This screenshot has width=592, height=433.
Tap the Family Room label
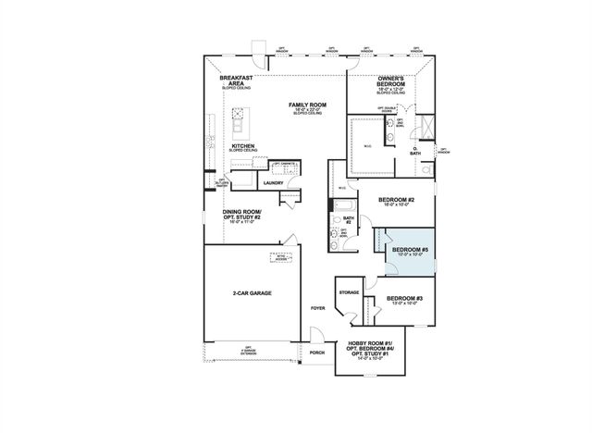[308, 105]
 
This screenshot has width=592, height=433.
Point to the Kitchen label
[243, 145]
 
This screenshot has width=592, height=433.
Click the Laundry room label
[273, 183]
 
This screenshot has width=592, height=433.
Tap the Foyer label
[318, 308]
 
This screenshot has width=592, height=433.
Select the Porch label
[317, 353]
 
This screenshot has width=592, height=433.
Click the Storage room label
[349, 292]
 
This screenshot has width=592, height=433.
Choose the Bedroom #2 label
[397, 201]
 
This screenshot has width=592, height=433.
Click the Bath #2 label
[349, 220]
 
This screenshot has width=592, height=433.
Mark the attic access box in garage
[279, 256]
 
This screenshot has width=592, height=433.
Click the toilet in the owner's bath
[425, 169]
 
